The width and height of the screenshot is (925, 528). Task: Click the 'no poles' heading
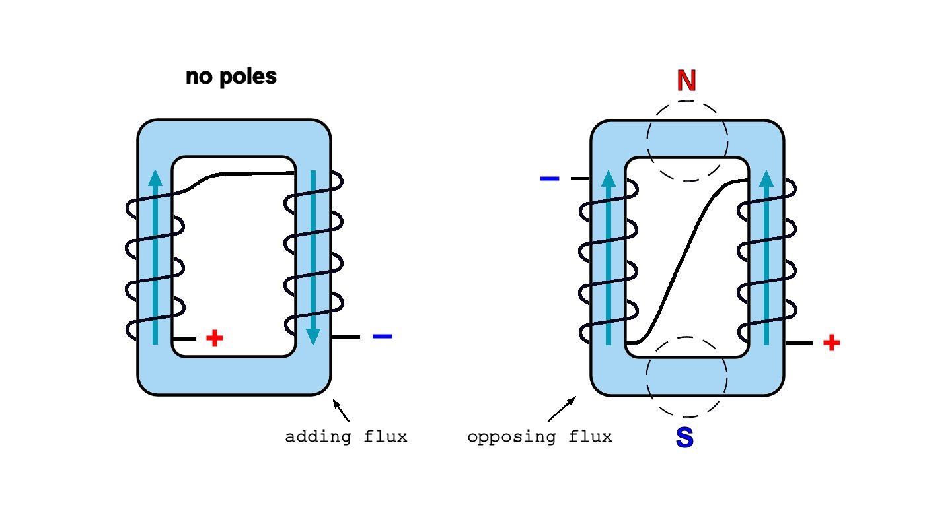coord(231,77)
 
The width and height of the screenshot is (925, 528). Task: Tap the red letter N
coord(686,81)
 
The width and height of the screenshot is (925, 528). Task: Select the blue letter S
coord(684,438)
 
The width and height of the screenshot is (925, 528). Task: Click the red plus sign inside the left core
coord(214,339)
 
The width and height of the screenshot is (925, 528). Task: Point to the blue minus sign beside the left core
coord(383,337)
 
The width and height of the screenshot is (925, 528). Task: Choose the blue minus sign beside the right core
coord(550,179)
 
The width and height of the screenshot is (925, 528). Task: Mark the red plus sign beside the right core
coord(831,343)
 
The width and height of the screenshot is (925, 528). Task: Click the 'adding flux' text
coord(346,437)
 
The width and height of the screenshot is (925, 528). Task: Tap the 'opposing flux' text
coord(539,437)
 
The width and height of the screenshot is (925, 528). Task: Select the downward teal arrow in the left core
coord(313,257)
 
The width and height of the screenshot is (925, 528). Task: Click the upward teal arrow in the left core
coord(155,257)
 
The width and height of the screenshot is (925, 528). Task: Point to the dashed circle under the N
coord(687,141)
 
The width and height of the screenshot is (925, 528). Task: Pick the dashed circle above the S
coord(686,377)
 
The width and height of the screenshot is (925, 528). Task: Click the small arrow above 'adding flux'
coord(341,410)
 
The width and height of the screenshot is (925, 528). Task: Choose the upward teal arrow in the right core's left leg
coord(609,257)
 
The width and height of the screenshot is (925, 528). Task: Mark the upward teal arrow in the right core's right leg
coord(766,257)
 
